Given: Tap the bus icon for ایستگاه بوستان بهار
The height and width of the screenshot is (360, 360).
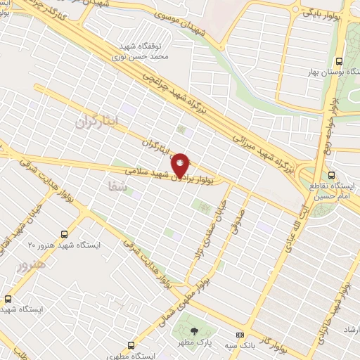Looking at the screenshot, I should pos(340,61).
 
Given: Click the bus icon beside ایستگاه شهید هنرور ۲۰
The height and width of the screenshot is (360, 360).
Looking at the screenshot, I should pos(65,233).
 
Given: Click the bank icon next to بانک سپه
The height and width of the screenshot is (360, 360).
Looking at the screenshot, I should pos(240,335).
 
